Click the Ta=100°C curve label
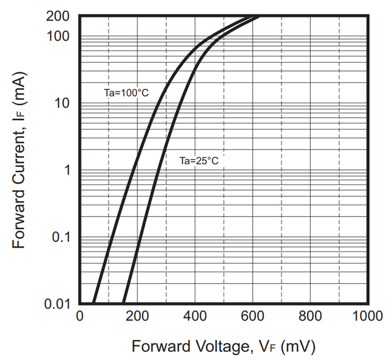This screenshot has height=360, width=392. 126,92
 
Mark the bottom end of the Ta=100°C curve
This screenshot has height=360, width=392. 94,303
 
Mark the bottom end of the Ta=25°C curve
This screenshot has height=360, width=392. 124,303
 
